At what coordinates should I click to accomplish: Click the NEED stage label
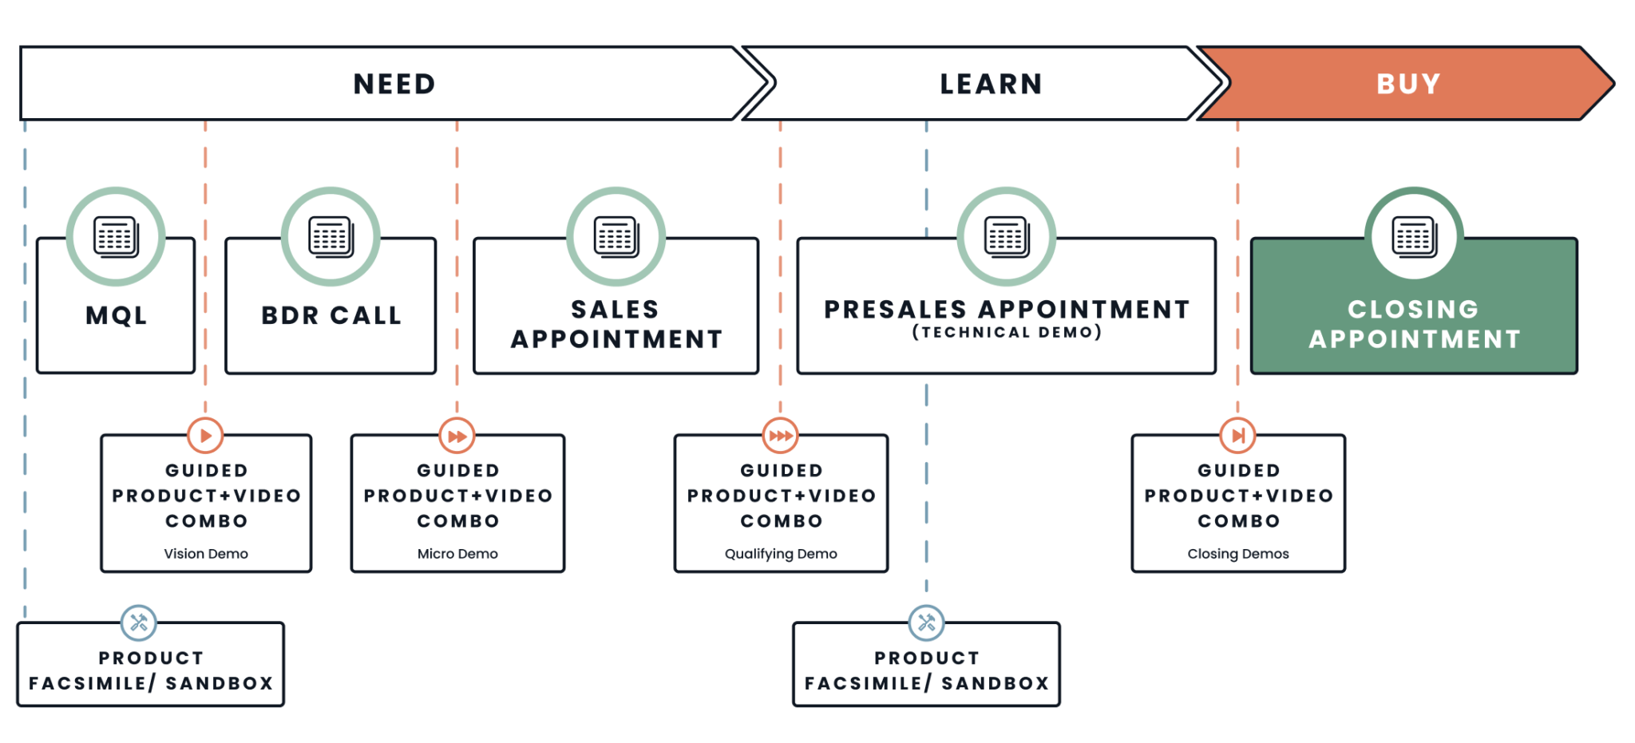coord(394,84)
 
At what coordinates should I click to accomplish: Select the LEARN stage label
coord(991,84)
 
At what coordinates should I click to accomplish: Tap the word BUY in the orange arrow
coord(1409,84)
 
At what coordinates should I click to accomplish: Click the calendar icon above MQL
coord(116,236)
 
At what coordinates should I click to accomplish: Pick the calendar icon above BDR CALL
coord(331,236)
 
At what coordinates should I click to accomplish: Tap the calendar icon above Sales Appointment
coord(616,236)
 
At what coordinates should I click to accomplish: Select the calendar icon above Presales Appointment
coord(1007,236)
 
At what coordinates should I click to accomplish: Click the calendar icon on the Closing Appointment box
coord(1415,236)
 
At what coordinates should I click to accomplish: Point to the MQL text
coord(117,315)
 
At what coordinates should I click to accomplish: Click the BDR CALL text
coord(331,315)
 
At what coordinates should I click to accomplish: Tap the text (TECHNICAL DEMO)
coord(1007,332)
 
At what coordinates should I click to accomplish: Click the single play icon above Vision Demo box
coord(205,436)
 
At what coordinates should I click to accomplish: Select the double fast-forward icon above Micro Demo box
coord(457,436)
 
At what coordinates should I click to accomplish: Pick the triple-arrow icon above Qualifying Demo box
coord(780,436)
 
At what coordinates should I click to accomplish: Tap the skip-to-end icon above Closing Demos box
coord(1237,436)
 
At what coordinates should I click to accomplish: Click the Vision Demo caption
coord(206,554)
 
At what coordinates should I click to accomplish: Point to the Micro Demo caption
coord(457,554)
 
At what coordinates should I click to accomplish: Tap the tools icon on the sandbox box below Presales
coord(926,622)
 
